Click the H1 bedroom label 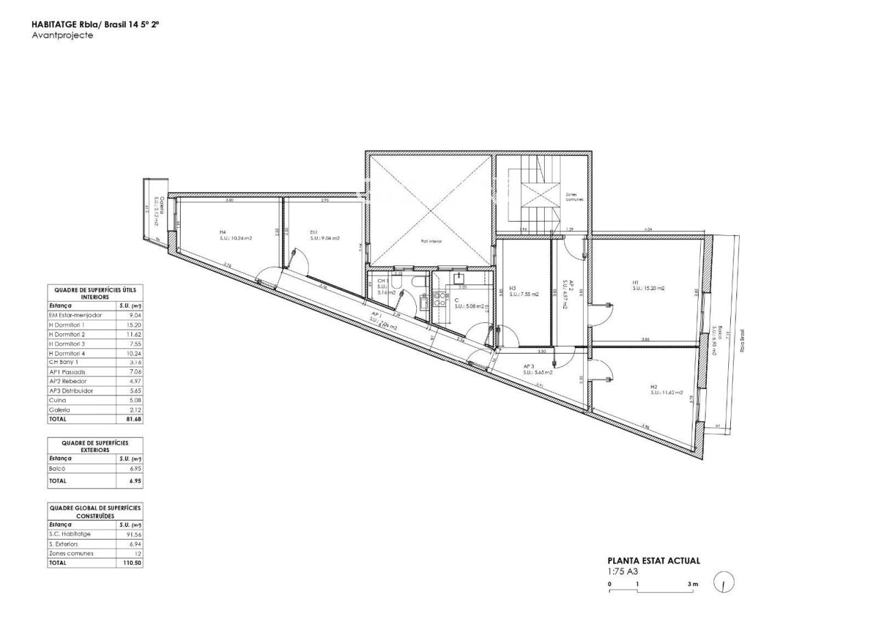tap(635, 282)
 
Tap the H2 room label tap(654, 386)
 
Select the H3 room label tap(513, 288)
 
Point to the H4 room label tap(222, 233)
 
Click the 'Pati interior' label tap(431, 241)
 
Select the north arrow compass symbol tap(724, 583)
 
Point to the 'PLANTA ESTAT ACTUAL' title tap(654, 561)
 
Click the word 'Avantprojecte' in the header tap(62, 36)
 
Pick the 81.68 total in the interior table tap(134, 419)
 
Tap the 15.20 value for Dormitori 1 tap(135, 325)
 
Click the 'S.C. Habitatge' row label tap(70, 534)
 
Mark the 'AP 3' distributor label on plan tap(528, 367)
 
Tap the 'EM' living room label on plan tap(313, 233)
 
